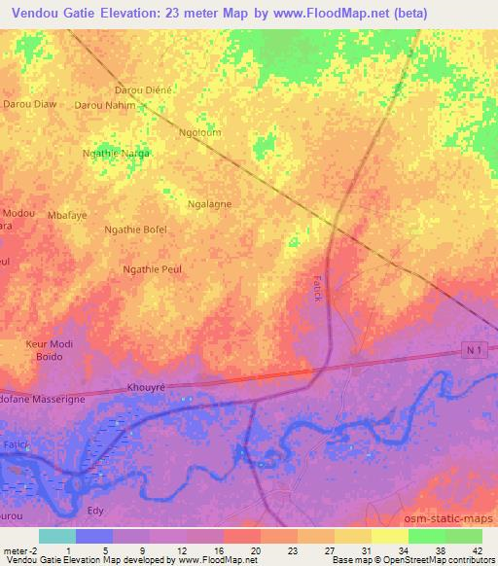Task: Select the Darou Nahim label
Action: click(104, 104)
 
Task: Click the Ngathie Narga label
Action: click(117, 154)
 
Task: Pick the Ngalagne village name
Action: click(209, 205)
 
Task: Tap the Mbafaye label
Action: click(67, 215)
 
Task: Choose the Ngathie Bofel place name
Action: click(135, 230)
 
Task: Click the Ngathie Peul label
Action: click(153, 268)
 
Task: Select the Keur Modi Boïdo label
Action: click(50, 351)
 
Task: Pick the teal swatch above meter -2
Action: click(56, 535)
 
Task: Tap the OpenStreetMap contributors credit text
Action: click(434, 560)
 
